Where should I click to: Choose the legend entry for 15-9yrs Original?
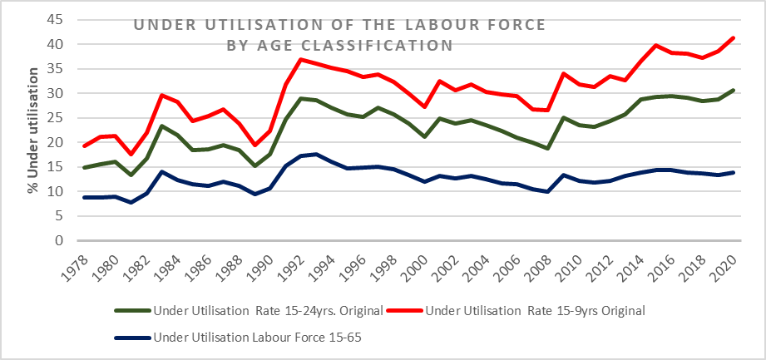coord(532,312)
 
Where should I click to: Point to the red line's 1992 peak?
coord(301,59)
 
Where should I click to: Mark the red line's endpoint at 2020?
coord(733,37)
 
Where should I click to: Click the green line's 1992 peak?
coord(301,98)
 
